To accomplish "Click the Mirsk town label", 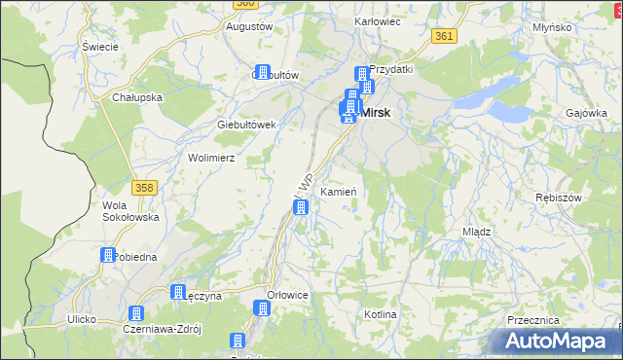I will pos(376,113).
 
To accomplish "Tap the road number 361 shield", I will pos(444,36).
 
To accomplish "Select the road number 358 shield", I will pos(144,186).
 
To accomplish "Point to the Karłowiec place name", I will pos(379,20).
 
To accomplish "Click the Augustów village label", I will pos(248,26).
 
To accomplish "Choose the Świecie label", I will pos(100,47).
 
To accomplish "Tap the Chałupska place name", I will pos(136,97).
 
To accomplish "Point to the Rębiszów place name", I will pos(559,198).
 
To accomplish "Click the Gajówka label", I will pos(586,113).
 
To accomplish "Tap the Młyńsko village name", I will pos(552,27).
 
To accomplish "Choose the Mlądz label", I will pos(476,233).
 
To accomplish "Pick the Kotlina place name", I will pos(381,314).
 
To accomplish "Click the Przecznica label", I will pos(532,319).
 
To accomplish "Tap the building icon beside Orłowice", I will pos(261,308).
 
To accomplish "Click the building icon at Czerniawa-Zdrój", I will pos(135,313).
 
